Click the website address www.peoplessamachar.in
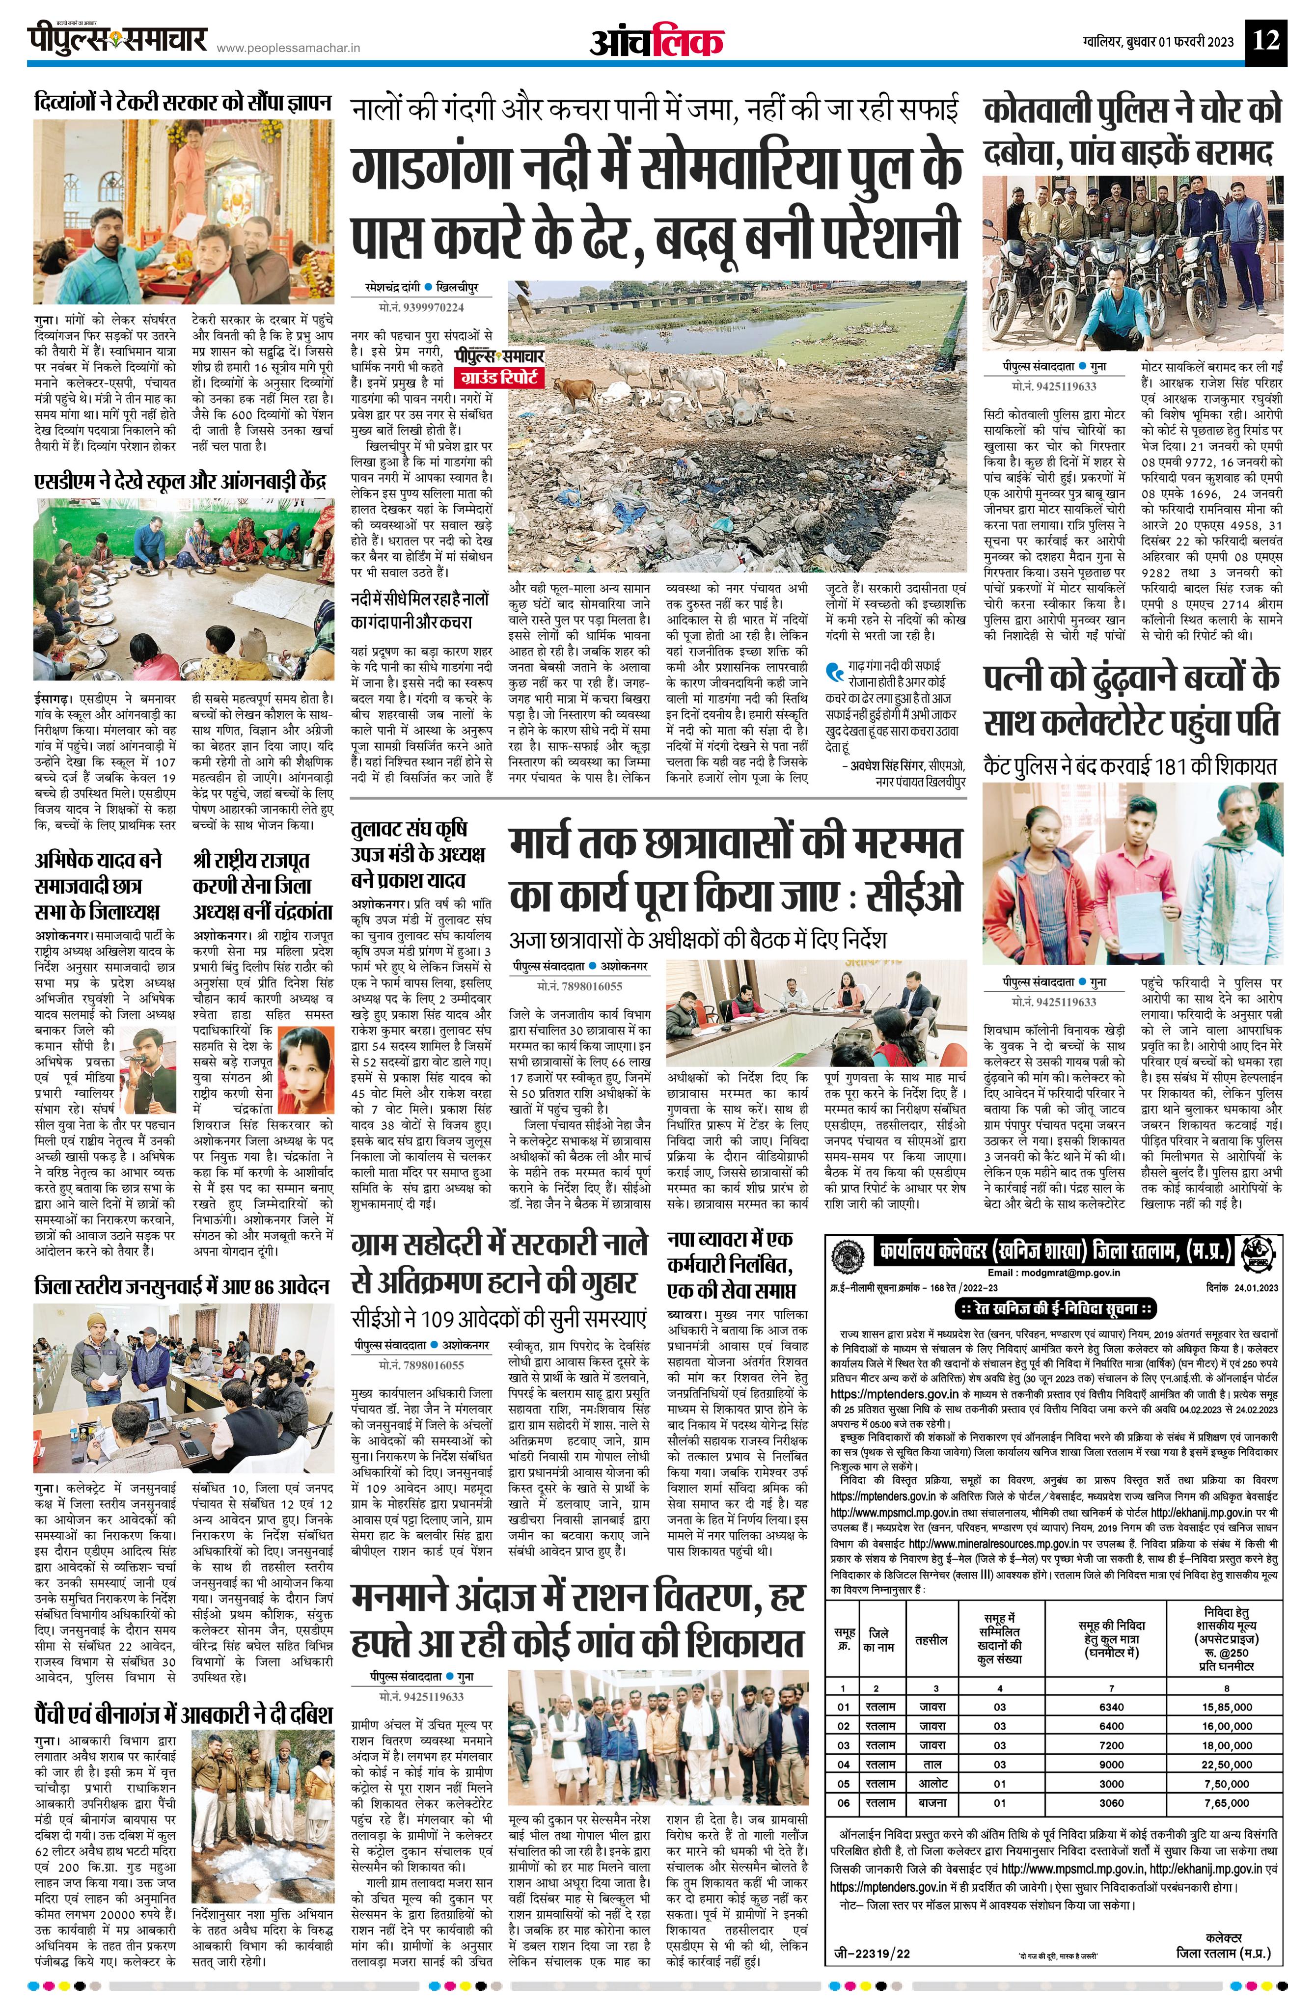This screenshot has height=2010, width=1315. [x=288, y=49]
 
